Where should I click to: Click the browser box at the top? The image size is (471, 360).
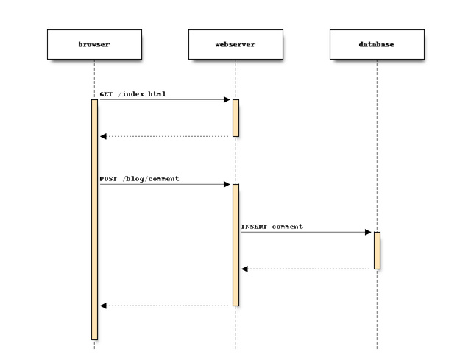(x=93, y=44)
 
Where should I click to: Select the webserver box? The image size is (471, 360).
(x=235, y=44)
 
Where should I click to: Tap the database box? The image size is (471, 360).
(x=376, y=44)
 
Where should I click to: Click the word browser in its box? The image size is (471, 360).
(x=93, y=44)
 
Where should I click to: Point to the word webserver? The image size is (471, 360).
(x=235, y=44)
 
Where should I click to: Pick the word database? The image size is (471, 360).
(x=376, y=44)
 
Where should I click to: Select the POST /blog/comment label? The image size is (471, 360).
(x=140, y=179)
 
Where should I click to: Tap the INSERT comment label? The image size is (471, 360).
(x=272, y=227)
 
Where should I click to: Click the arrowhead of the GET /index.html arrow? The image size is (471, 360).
(x=227, y=99)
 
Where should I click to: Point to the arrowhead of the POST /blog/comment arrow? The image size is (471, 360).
(x=227, y=184)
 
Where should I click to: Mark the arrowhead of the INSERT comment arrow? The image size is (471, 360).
(x=369, y=232)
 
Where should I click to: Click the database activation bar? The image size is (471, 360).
(x=376, y=250)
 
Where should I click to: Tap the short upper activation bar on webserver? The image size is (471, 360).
(x=235, y=118)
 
